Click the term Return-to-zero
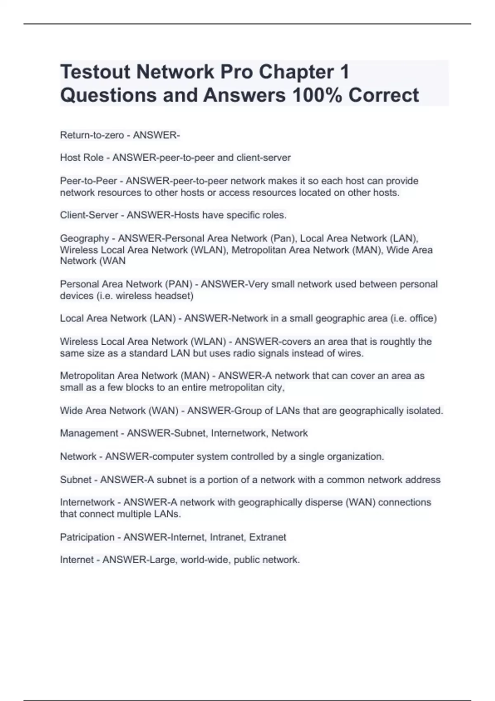92,135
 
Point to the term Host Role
82,158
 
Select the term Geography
85,238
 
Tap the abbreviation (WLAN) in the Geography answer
209,250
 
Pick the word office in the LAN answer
421,318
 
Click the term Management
89,433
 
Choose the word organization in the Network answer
355,456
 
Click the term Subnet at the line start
75,480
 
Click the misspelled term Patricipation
87,537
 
